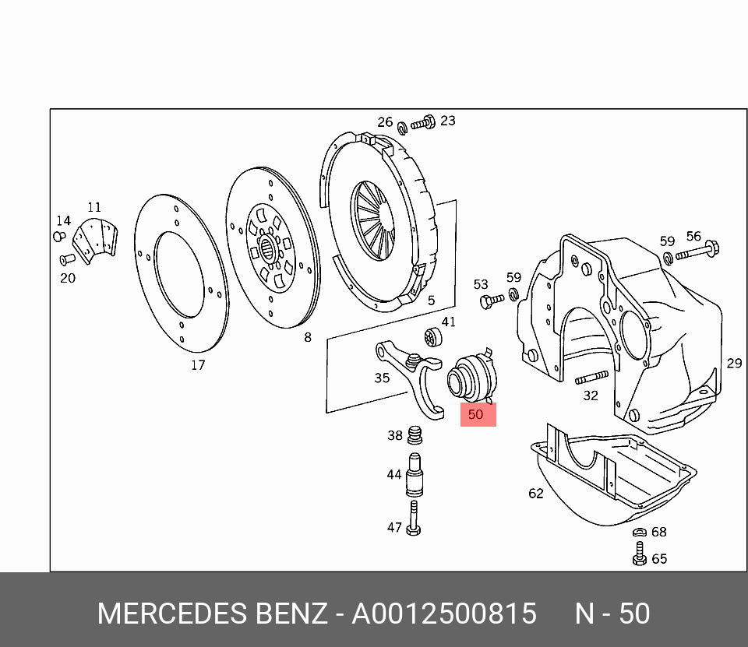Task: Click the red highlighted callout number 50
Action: (x=475, y=414)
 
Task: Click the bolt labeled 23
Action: (x=422, y=123)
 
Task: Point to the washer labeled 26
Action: (x=402, y=128)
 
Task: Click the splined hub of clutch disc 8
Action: (x=268, y=248)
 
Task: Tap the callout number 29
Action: (x=734, y=364)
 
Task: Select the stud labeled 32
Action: (x=591, y=377)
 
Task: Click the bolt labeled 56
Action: (x=697, y=251)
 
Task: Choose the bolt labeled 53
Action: (x=492, y=301)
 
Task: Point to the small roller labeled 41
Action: (x=433, y=338)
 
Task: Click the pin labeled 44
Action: (x=415, y=475)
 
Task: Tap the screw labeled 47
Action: (x=414, y=519)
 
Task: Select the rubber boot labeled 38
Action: (x=415, y=434)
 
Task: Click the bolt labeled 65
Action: (x=640, y=554)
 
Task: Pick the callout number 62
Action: (x=536, y=493)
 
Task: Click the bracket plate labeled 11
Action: (x=95, y=241)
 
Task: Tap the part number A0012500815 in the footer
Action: (x=444, y=614)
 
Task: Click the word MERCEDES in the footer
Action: (x=172, y=614)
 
